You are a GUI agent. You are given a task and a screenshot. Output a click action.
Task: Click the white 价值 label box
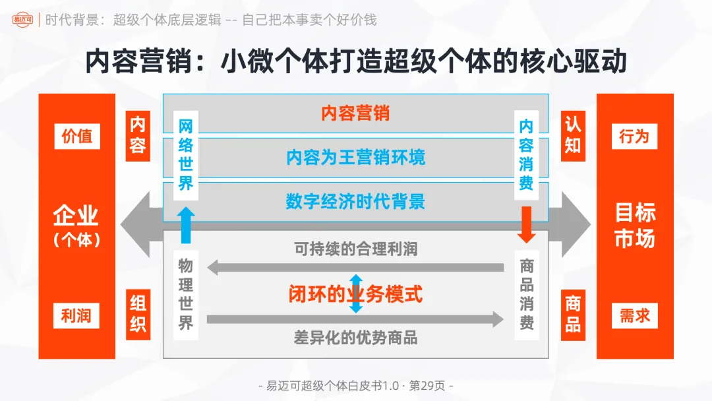tap(77, 137)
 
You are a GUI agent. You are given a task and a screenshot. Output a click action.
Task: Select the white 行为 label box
tap(634, 137)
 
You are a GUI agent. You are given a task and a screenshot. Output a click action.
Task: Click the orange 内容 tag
tap(138, 135)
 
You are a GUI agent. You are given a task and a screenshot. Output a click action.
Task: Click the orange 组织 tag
tap(138, 315)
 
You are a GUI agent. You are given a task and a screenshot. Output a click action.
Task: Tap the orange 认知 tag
tap(572, 135)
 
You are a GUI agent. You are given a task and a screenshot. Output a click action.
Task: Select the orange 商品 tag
tap(572, 315)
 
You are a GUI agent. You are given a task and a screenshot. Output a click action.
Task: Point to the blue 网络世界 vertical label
tap(186, 155)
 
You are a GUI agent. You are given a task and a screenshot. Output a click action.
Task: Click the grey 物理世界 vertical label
tap(186, 294)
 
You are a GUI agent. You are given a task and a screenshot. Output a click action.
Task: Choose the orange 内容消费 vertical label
tap(525, 155)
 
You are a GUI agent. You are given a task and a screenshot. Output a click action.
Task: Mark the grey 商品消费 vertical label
tap(525, 294)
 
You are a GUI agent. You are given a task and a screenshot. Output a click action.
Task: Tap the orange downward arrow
tap(525, 224)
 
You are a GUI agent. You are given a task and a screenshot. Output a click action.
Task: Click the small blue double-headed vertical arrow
tap(356, 293)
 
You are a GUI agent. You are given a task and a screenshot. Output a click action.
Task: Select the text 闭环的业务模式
tap(356, 294)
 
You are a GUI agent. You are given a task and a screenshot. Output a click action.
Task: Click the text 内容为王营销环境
tap(356, 158)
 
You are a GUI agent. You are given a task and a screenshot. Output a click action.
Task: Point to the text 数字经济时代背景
tap(356, 202)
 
